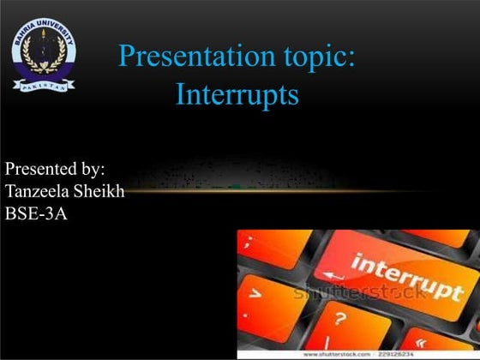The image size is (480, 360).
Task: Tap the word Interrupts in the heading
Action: [237, 94]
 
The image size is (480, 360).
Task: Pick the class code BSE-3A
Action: [36, 213]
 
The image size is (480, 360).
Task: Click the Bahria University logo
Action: [43, 55]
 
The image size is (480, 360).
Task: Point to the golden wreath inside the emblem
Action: [43, 53]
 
